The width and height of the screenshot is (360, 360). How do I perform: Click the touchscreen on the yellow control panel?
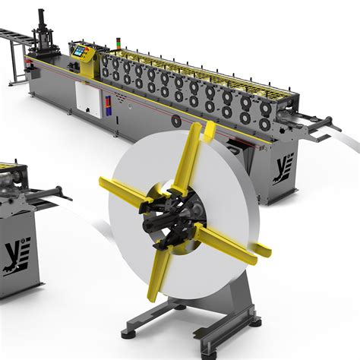[80, 51]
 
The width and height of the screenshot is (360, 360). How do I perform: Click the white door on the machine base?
[89, 100]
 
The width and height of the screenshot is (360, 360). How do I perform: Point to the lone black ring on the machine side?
[176, 121]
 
